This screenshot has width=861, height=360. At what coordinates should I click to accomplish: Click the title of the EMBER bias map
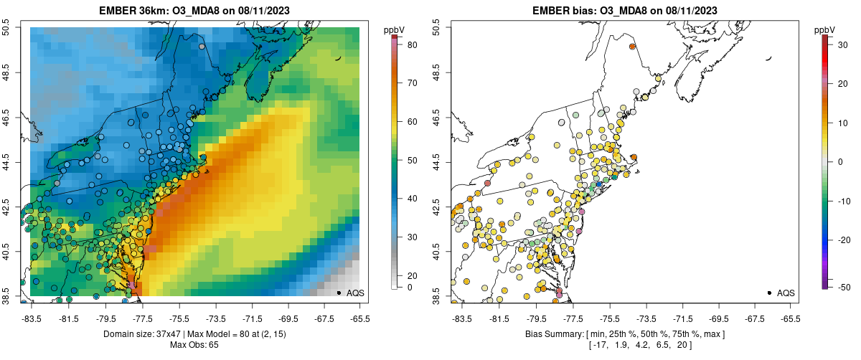(x=624, y=10)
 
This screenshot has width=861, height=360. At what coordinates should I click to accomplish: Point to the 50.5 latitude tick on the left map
(x=7, y=27)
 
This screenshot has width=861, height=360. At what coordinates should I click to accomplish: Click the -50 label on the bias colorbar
(x=844, y=288)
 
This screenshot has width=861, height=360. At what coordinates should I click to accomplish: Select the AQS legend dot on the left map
(x=338, y=293)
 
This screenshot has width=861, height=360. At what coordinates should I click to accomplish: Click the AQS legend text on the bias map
(x=786, y=293)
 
